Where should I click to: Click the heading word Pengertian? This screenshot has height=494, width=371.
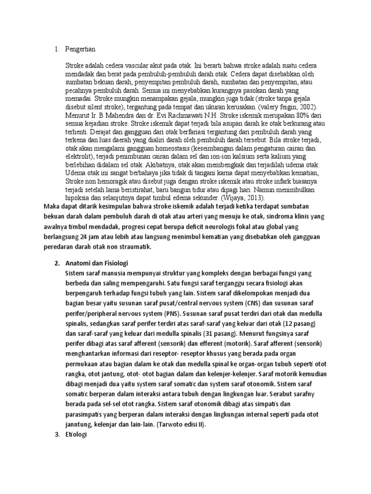82,49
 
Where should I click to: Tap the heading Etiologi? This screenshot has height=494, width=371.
76,435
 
